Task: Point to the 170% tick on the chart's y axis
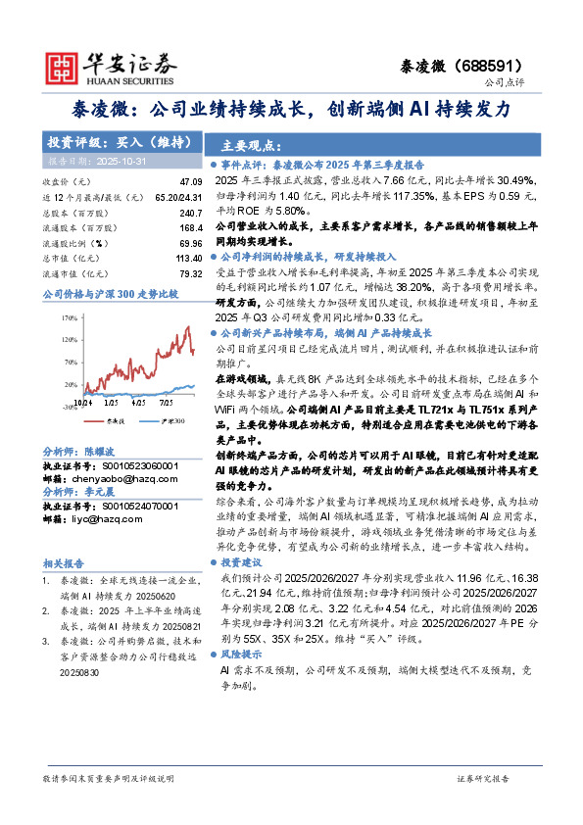pos(70,318)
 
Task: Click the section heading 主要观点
pos(245,142)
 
